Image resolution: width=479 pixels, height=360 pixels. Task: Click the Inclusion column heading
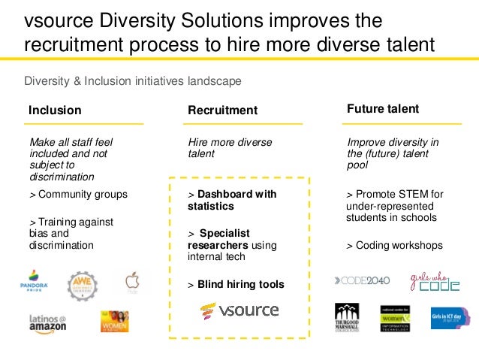pos(55,110)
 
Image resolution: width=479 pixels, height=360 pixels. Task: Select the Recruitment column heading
pos(222,110)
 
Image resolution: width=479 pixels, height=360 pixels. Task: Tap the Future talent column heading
pos(383,109)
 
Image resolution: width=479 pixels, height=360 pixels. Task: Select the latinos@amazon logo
pos(48,324)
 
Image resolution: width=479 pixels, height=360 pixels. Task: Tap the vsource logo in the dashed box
pos(239,310)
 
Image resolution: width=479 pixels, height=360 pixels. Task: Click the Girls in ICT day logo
pos(450,318)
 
